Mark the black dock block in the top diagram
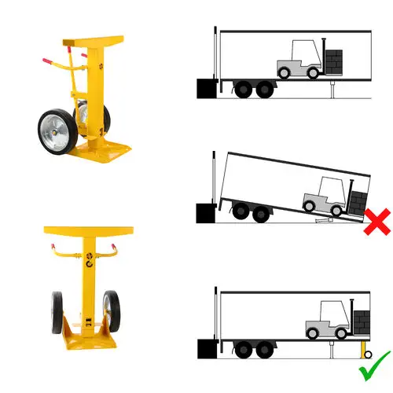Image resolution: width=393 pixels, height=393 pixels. [206, 88]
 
